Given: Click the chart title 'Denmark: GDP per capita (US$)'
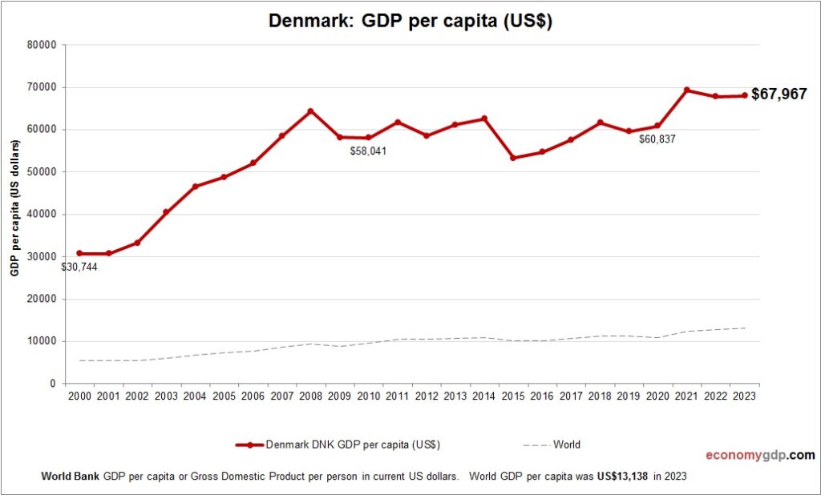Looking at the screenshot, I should tap(410, 22).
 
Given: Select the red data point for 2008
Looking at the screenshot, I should tap(310, 111).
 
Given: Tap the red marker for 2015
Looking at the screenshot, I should tap(513, 158).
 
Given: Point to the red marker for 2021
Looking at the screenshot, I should tap(687, 90).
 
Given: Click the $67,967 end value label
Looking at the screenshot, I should tap(779, 95).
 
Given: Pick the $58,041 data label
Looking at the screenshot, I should tap(368, 151).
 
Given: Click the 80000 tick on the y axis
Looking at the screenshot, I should tap(41, 45).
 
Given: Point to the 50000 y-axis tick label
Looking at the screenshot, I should tap(41, 172).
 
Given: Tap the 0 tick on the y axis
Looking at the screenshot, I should tap(52, 384).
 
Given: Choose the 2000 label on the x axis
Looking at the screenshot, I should tap(79, 396).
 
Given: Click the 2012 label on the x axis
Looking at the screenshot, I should tap(426, 396).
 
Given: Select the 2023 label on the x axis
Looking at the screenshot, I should tap(745, 396).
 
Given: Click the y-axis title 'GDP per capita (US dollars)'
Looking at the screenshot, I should tap(14, 208).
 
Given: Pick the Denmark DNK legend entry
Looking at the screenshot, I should tap(337, 445).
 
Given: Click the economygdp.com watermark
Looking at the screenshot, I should tap(759, 455).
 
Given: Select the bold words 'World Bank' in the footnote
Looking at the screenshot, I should tap(71, 476).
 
